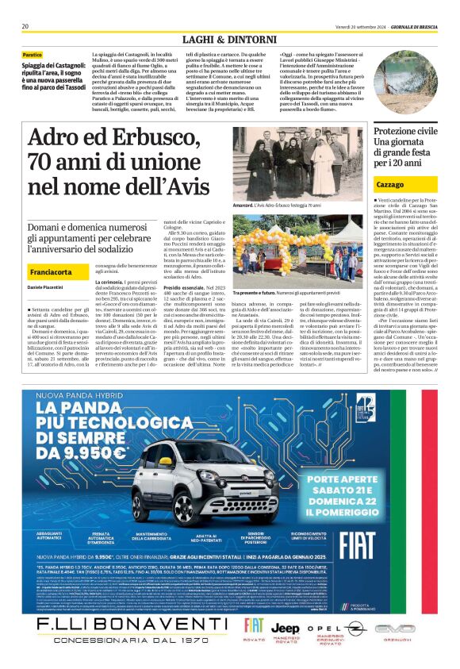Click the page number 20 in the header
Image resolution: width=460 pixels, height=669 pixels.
25,26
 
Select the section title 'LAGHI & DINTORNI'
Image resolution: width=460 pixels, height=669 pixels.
229,39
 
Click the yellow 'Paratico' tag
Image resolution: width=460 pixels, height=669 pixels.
33,54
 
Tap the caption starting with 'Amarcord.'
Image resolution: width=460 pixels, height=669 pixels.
277,206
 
